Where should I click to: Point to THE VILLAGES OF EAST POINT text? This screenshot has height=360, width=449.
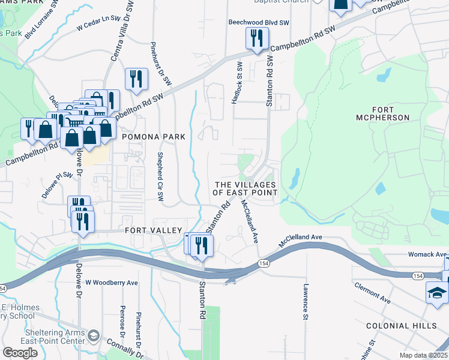point(246,188)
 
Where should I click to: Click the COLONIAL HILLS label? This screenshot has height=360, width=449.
point(402,325)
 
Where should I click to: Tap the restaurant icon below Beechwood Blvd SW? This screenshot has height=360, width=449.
point(256,39)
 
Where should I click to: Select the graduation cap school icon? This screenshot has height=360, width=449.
point(436,293)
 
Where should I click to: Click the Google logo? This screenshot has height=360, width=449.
point(20,352)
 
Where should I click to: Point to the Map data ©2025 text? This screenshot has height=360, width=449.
point(424,355)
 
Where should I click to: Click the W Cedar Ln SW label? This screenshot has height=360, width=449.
point(98,25)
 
